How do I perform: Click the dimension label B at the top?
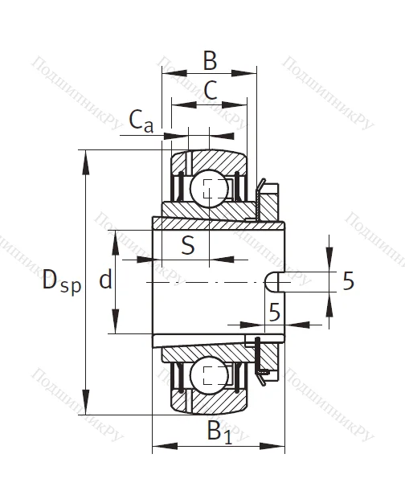point(209,59)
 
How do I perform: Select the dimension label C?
point(210,91)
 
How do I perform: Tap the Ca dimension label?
point(141,121)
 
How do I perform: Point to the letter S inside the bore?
point(187,245)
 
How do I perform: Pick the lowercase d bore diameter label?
point(104,280)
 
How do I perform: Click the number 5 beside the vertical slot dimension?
point(348,280)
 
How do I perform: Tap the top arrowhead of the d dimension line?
point(117,235)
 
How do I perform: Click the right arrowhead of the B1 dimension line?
point(281,444)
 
